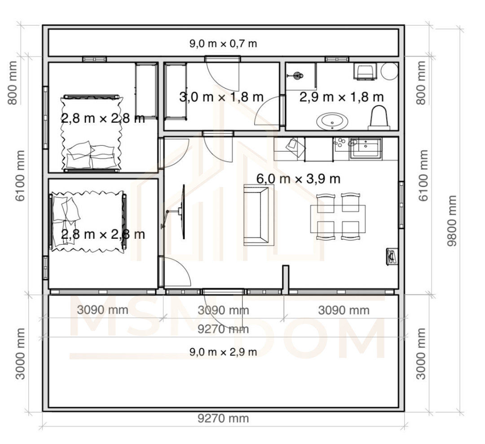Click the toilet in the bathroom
(378, 117)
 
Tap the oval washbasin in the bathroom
(332, 121)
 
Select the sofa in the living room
(256, 215)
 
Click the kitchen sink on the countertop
(365, 149)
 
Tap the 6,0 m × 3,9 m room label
(299, 179)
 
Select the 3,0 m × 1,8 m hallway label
(221, 97)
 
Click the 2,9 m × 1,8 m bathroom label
(341, 97)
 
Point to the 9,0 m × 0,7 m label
(223, 44)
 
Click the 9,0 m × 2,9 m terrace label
(223, 352)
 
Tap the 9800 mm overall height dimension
(452, 220)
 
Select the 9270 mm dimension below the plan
(223, 419)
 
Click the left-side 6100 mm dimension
(20, 176)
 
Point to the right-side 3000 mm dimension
(421, 354)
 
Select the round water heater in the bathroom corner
(389, 71)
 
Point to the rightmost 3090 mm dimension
(344, 310)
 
